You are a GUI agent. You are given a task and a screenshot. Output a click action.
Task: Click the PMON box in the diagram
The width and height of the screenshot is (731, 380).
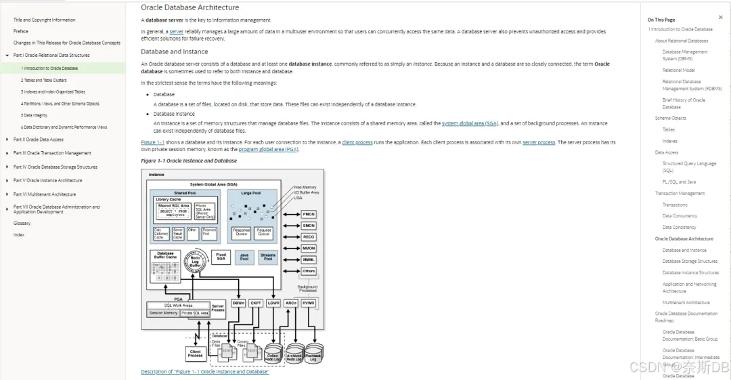pyautogui.click(x=309, y=214)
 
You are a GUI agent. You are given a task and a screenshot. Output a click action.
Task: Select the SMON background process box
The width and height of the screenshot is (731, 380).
pyautogui.click(x=309, y=226)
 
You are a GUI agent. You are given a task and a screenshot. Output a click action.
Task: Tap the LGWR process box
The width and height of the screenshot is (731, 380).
pyautogui.click(x=273, y=303)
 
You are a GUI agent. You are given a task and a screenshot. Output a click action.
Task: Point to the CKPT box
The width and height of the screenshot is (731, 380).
pyautogui.click(x=256, y=303)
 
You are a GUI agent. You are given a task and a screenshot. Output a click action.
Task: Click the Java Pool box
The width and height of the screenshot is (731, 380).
pyautogui.click(x=244, y=257)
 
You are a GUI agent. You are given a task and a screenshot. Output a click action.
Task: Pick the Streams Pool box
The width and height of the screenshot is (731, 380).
pyautogui.click(x=268, y=257)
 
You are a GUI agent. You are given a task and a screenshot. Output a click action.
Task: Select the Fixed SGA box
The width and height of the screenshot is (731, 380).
pyautogui.click(x=221, y=257)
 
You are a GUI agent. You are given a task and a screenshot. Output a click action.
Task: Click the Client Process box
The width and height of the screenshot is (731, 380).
pyautogui.click(x=196, y=353)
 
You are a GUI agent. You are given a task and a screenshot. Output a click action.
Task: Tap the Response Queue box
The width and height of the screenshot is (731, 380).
pyautogui.click(x=242, y=232)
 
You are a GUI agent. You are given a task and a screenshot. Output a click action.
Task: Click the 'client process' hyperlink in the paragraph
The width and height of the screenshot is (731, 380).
pyautogui.click(x=357, y=142)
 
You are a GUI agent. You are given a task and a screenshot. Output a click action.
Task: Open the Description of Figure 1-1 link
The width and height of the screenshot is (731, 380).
pyautogui.click(x=204, y=372)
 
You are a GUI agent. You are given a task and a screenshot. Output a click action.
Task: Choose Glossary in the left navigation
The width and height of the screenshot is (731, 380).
pyautogui.click(x=22, y=223)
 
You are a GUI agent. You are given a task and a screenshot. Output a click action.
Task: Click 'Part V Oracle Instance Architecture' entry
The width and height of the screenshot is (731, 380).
pyautogui.click(x=47, y=181)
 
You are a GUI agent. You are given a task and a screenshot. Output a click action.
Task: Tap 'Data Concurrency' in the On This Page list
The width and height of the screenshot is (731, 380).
pyautogui.click(x=680, y=216)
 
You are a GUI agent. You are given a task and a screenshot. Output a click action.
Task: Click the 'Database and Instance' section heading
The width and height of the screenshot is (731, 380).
pyautogui.click(x=174, y=51)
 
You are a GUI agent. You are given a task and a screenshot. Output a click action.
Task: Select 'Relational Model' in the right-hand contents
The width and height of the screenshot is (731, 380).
pyautogui.click(x=678, y=70)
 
